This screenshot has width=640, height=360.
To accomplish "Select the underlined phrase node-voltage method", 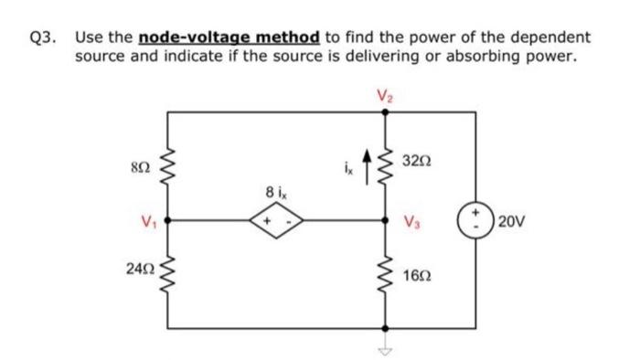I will pos(228,38).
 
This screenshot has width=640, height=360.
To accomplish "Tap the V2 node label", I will pos(382,93).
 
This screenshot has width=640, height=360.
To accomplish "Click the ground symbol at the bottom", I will pos(383,349).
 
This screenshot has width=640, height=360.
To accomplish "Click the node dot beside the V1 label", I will pos(167,220).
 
